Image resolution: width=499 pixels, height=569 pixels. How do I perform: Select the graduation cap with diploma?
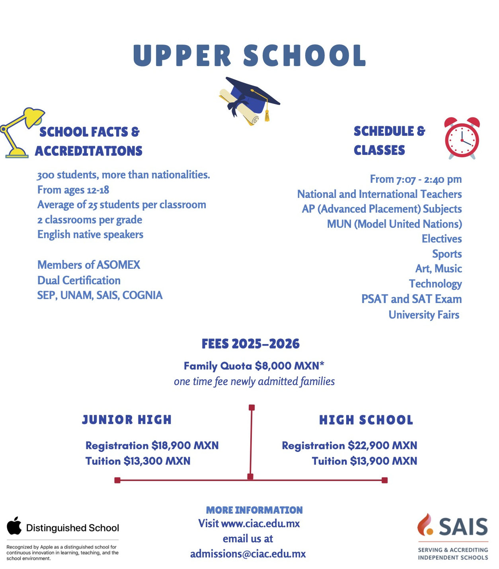(x=249, y=101)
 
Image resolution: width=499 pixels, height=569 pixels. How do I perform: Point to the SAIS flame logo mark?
(x=426, y=524)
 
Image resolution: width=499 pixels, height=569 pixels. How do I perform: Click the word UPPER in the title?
(x=182, y=56)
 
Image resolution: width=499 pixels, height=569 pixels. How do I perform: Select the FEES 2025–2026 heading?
(x=250, y=344)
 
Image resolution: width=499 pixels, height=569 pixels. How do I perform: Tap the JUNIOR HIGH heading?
(x=127, y=420)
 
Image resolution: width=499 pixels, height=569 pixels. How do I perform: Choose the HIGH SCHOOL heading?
(x=366, y=420)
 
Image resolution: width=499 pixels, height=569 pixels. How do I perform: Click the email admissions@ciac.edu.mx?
(x=248, y=554)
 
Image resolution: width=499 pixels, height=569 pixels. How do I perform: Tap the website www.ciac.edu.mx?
(x=260, y=524)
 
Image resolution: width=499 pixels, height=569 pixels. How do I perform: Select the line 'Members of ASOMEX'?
(x=89, y=265)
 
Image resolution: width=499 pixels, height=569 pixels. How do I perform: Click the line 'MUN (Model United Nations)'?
(x=394, y=224)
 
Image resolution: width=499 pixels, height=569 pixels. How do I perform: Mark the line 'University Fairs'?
(x=424, y=315)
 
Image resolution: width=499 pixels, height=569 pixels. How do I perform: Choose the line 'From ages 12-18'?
(x=73, y=190)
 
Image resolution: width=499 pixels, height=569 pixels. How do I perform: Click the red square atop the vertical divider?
(x=251, y=407)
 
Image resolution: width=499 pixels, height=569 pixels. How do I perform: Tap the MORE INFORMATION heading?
(x=254, y=510)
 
